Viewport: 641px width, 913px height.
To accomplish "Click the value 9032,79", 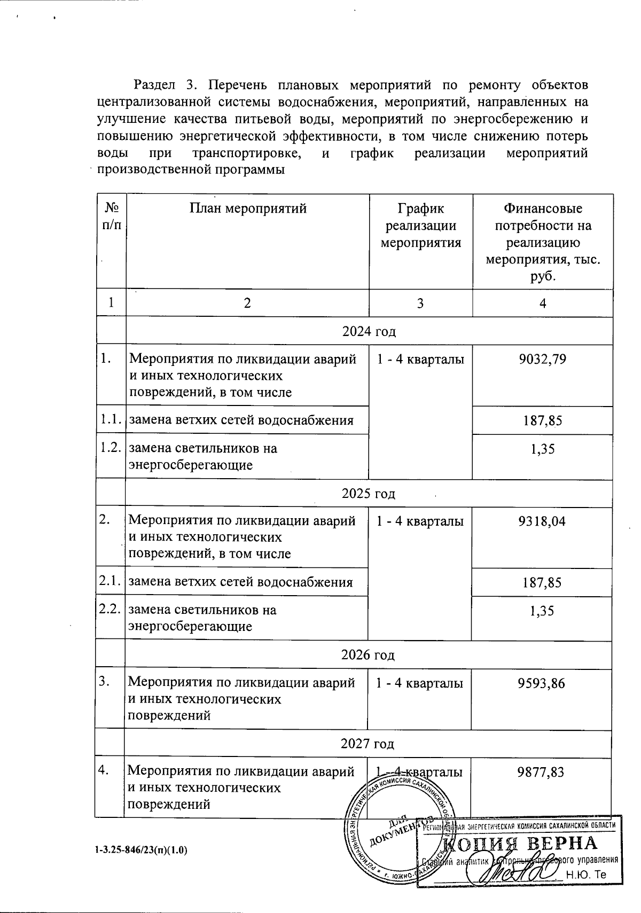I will [542, 359].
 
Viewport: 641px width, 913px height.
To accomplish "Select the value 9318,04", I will [542, 521].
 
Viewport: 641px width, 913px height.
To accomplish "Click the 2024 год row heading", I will [369, 331].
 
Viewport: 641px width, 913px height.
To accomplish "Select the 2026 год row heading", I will [368, 654].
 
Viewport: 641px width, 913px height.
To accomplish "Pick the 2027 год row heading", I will [368, 744].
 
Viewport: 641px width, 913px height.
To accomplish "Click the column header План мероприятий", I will [248, 208].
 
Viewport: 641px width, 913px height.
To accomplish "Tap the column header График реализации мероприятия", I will [420, 225].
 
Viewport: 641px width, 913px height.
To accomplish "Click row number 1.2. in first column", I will [111, 448].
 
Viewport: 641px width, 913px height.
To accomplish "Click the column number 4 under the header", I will [543, 303].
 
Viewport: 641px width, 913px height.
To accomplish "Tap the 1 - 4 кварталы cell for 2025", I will [420, 521].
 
